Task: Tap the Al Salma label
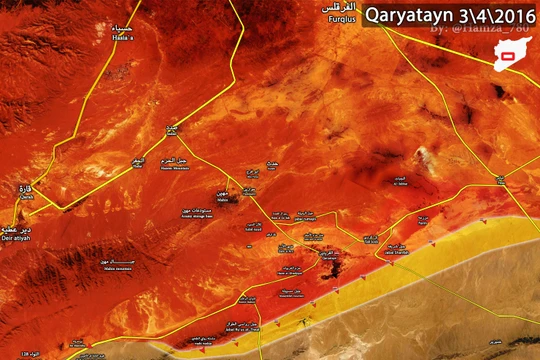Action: tap(401, 181)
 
